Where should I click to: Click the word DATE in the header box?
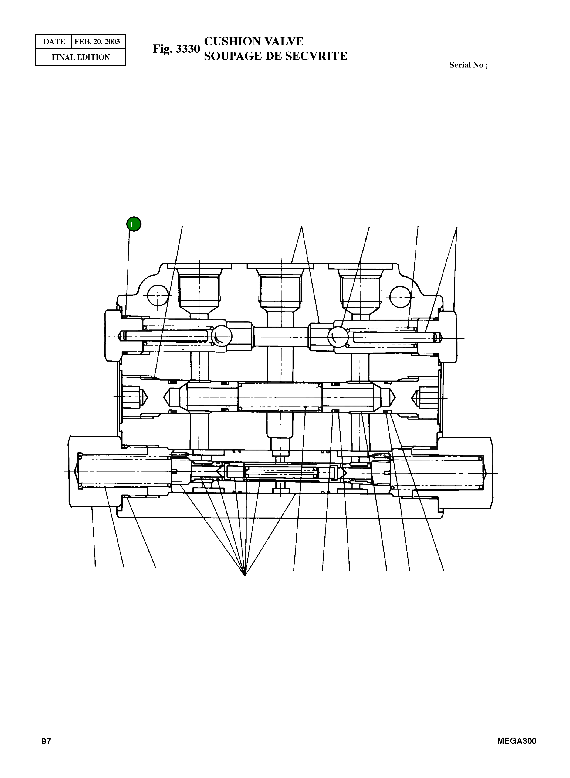[x=54, y=42]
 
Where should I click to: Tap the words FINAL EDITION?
[x=81, y=57]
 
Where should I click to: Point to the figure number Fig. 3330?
[x=176, y=49]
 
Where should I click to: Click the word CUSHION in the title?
[x=232, y=42]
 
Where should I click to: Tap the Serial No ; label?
[x=468, y=65]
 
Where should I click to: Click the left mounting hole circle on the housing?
[x=157, y=296]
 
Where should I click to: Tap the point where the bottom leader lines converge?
[x=245, y=574]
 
